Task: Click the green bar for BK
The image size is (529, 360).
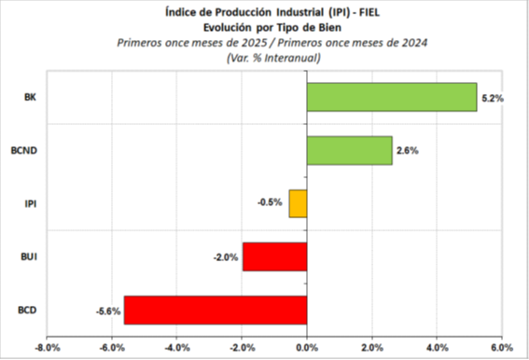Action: click(392, 97)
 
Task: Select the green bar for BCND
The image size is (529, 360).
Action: click(349, 150)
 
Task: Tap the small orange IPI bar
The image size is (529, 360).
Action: click(299, 203)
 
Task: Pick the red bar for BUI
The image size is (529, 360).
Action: click(274, 256)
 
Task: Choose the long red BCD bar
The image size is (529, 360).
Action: click(216, 310)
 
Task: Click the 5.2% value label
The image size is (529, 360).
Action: click(492, 97)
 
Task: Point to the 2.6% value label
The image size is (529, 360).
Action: click(407, 150)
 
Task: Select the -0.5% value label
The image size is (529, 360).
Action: click(271, 203)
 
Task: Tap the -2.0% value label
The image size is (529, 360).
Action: click(226, 256)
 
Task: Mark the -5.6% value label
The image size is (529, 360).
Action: click(107, 310)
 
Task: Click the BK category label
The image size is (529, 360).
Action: click(30, 97)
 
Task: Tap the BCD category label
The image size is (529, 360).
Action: click(28, 310)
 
